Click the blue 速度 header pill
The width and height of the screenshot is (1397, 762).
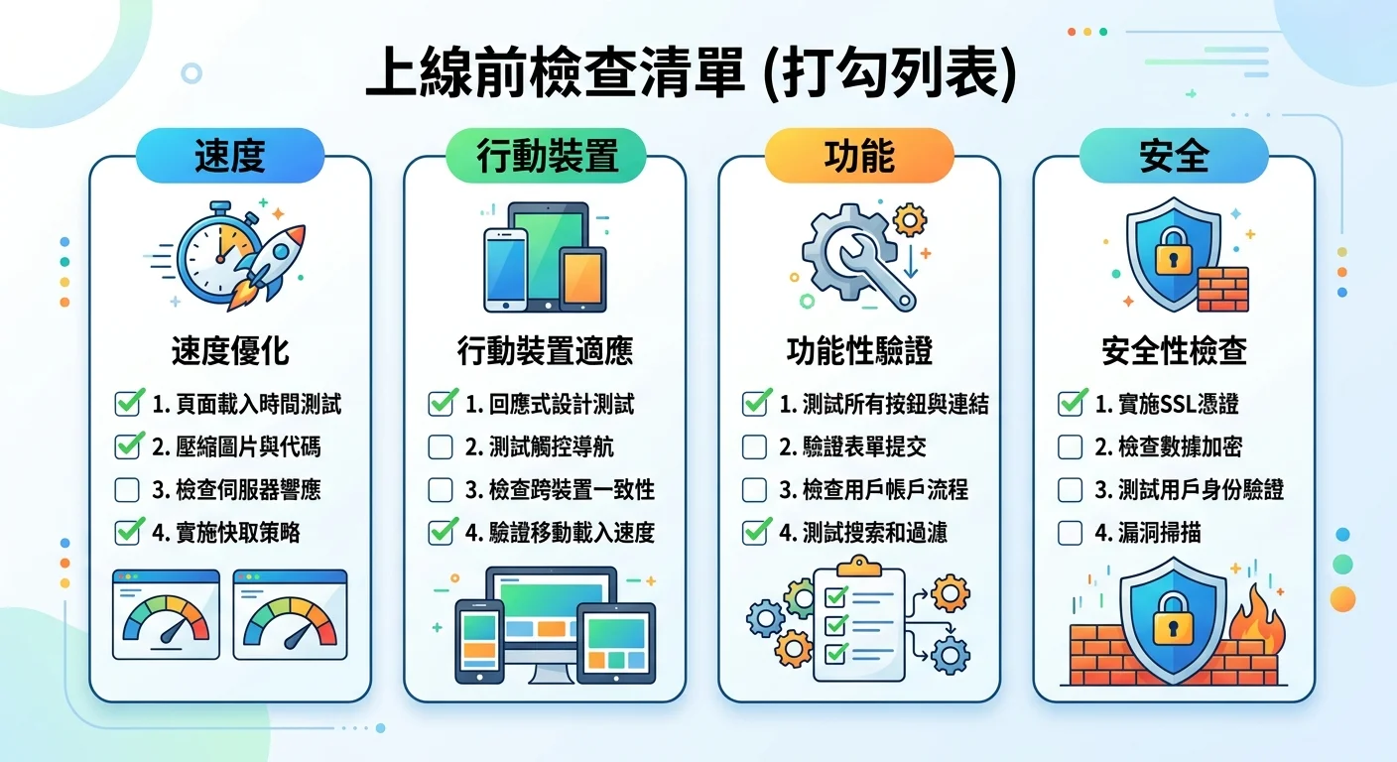click(230, 156)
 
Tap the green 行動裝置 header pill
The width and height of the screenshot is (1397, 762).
click(546, 156)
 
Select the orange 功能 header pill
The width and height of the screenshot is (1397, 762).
click(859, 156)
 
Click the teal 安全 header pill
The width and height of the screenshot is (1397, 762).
click(1174, 156)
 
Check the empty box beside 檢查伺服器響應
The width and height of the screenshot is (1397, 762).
click(127, 490)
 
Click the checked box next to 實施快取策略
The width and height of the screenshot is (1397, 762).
click(127, 533)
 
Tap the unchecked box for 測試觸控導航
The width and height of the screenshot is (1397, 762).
click(441, 447)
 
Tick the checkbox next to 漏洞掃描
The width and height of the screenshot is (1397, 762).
click(1070, 533)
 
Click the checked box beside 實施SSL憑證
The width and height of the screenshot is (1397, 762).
click(1070, 404)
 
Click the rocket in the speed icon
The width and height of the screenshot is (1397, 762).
click(270, 260)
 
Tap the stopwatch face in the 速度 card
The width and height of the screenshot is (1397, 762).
click(210, 253)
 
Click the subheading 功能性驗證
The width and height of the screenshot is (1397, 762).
click(859, 350)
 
